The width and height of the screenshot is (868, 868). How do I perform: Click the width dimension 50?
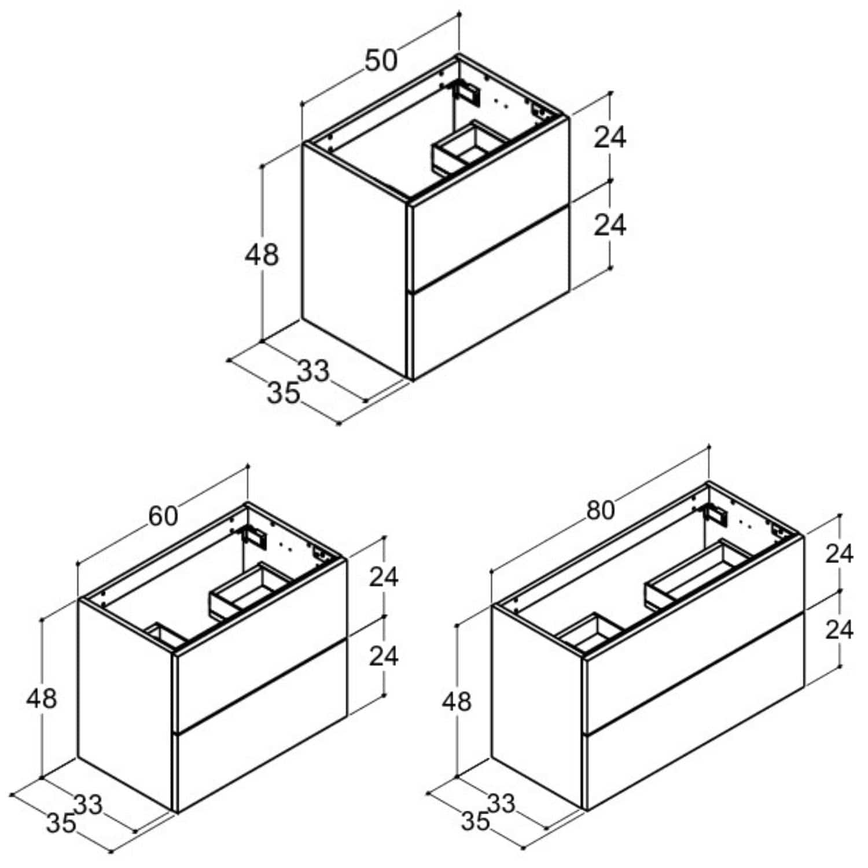(381, 60)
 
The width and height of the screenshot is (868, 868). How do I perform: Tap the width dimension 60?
(163, 516)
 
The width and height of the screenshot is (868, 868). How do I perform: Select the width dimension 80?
(600, 510)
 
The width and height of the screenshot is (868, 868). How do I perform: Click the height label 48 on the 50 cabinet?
(262, 255)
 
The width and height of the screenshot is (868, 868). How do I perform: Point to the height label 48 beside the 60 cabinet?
(42, 698)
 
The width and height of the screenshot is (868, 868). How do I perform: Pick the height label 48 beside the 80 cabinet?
(457, 701)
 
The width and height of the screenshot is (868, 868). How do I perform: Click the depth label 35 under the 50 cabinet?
(284, 393)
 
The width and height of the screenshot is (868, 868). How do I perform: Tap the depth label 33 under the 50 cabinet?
(314, 371)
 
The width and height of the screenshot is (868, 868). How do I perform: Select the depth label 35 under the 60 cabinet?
(61, 823)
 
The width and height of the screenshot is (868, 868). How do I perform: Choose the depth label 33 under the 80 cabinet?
(501, 803)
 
